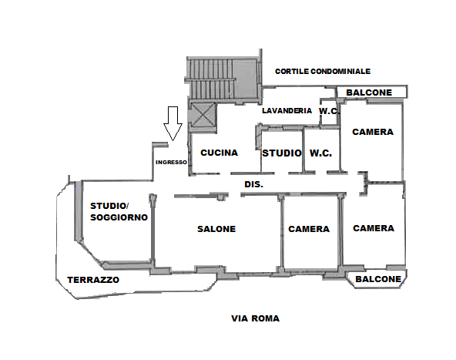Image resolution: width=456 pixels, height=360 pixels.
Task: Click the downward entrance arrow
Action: point(173,123)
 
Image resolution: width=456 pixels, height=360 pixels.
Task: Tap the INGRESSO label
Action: point(171,163)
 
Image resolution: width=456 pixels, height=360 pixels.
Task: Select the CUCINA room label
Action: point(220,153)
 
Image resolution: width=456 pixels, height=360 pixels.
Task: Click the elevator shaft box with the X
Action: point(203,116)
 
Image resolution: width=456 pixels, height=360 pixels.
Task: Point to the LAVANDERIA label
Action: point(287,110)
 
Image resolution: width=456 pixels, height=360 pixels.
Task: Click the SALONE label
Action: point(216,229)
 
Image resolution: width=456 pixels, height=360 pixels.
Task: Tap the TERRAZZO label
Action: point(93,280)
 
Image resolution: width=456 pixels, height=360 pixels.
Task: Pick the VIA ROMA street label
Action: point(255,318)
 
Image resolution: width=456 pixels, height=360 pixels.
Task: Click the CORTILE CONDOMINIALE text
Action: point(323,71)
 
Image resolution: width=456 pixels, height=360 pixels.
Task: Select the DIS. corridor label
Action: point(254,184)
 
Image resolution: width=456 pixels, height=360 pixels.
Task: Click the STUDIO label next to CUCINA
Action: point(282,153)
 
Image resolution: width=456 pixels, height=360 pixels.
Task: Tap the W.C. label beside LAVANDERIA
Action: point(329,111)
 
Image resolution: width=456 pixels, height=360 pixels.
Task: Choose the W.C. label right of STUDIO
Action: point(320,153)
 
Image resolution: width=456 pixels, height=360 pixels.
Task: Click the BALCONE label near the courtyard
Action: point(369,93)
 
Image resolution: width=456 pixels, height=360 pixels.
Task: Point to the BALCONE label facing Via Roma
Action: point(378,279)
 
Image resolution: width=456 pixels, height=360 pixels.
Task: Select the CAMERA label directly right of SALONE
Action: point(309,229)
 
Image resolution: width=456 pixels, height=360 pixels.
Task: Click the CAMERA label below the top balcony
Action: point(373,132)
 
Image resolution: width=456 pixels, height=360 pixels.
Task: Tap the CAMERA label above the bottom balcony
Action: point(374,228)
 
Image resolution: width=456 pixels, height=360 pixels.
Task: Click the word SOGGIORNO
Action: point(119,217)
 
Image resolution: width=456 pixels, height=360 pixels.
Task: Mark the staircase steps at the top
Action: point(211,78)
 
